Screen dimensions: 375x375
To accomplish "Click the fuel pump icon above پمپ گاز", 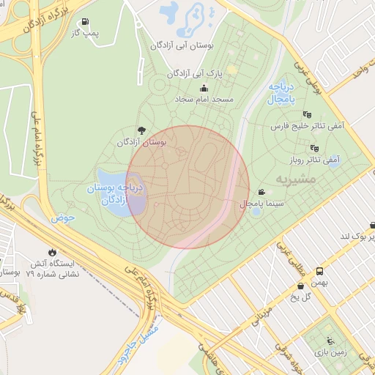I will point(86,22).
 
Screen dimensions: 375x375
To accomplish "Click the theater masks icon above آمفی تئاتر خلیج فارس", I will point(306,114).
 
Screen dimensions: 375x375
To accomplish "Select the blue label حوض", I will point(62,218).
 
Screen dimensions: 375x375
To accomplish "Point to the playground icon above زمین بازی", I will point(331,340).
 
